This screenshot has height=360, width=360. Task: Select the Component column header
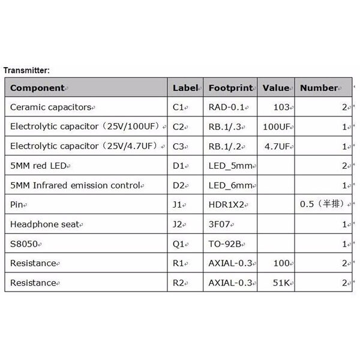point(37,88)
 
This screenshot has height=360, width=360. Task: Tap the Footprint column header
point(231,88)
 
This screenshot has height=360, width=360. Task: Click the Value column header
point(276,88)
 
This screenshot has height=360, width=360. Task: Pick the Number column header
point(319,88)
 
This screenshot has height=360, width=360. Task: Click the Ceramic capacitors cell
point(50,107)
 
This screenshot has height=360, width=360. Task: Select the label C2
point(178,127)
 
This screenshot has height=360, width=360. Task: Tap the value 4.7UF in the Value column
point(277,146)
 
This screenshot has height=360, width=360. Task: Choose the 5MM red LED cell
point(42,166)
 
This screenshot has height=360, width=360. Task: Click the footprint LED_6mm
point(230,185)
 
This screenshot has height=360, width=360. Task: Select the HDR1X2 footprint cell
point(226,205)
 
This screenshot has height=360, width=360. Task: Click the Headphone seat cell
point(41,224)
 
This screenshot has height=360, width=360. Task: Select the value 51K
point(282,283)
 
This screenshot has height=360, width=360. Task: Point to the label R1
point(178,263)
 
